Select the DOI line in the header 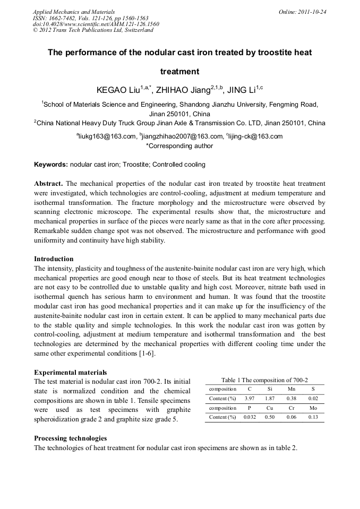[x=96, y=24]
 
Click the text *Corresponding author [x=179, y=146]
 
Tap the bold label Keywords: [x=51, y=165]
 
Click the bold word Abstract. [x=48, y=184]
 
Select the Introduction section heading [x=54, y=259]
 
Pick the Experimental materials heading [x=70, y=373]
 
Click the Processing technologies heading [x=70, y=438]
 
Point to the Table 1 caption [x=264, y=380]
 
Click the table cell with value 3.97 [x=249, y=399]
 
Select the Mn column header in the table [x=291, y=389]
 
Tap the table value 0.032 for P [x=249, y=417]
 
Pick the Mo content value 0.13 [x=313, y=417]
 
